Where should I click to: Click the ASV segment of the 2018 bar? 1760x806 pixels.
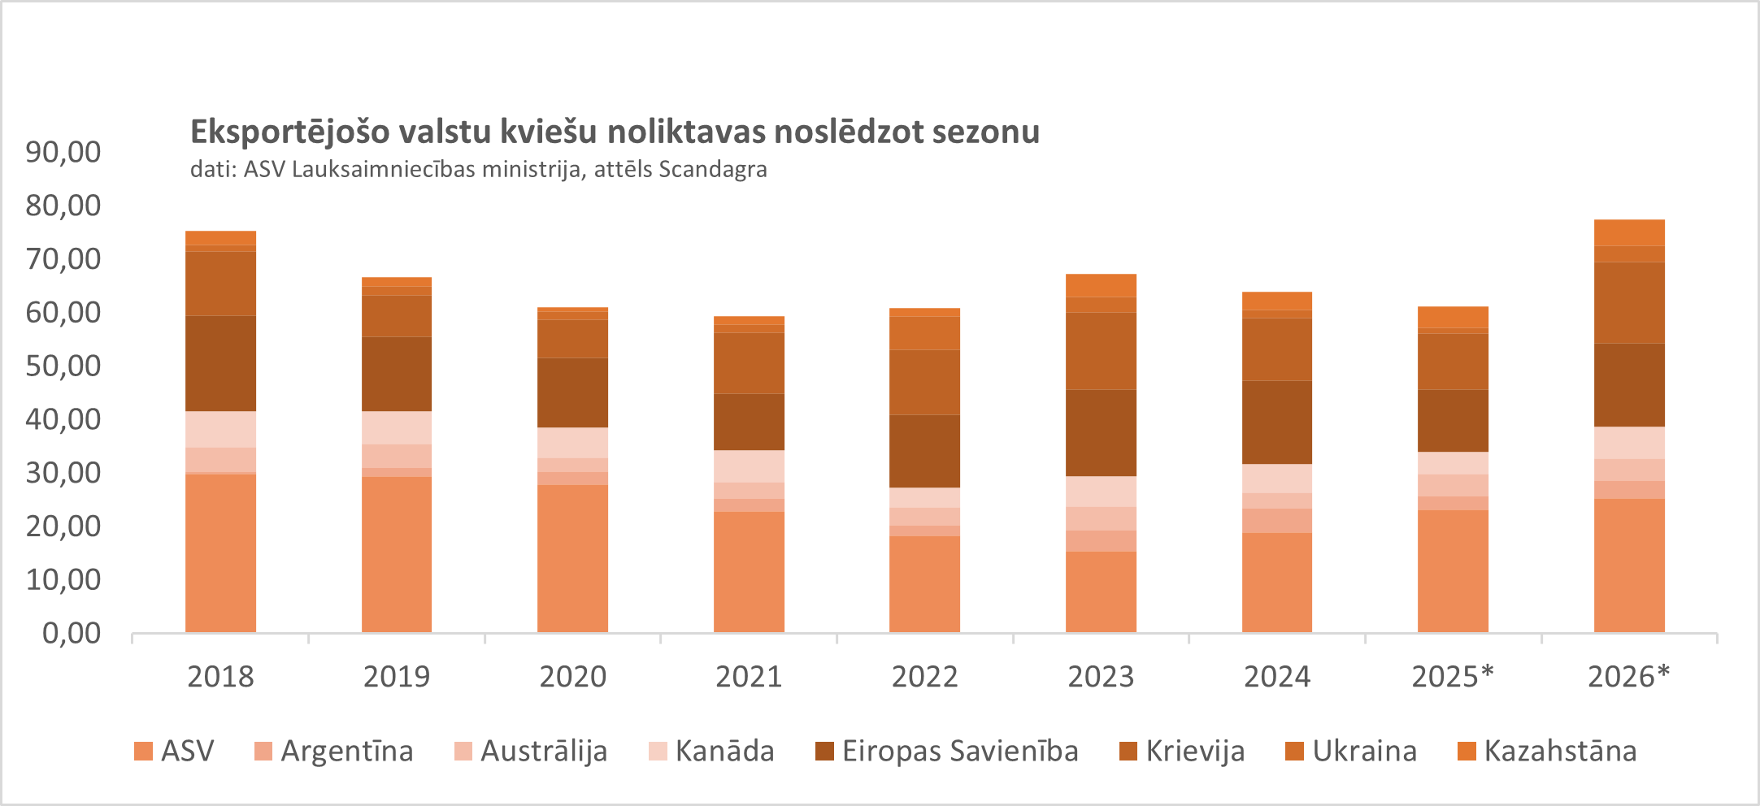(220, 552)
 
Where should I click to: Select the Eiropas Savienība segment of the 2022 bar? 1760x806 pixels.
(924, 451)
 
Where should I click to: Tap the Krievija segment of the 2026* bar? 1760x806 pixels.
(1629, 302)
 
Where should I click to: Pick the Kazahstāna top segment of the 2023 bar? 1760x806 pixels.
(1101, 285)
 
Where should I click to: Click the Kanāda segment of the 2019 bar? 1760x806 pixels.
(397, 427)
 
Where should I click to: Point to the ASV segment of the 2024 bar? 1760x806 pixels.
(1277, 582)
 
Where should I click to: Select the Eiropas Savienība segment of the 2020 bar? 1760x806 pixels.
(572, 392)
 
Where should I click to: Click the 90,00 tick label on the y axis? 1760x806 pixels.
(63, 152)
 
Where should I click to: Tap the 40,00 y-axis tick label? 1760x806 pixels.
(63, 419)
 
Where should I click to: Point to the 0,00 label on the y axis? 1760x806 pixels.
(72, 633)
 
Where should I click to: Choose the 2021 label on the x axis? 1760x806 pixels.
(749, 676)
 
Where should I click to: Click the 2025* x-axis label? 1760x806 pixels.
(1453, 676)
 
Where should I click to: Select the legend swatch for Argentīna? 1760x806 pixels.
(263, 752)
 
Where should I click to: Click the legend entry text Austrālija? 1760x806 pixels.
(544, 751)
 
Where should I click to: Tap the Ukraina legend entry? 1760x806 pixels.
(1364, 751)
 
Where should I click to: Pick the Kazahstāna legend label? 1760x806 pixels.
(1560, 751)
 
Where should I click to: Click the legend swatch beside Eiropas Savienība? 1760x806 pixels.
(824, 752)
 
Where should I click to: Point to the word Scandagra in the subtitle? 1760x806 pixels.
(713, 169)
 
